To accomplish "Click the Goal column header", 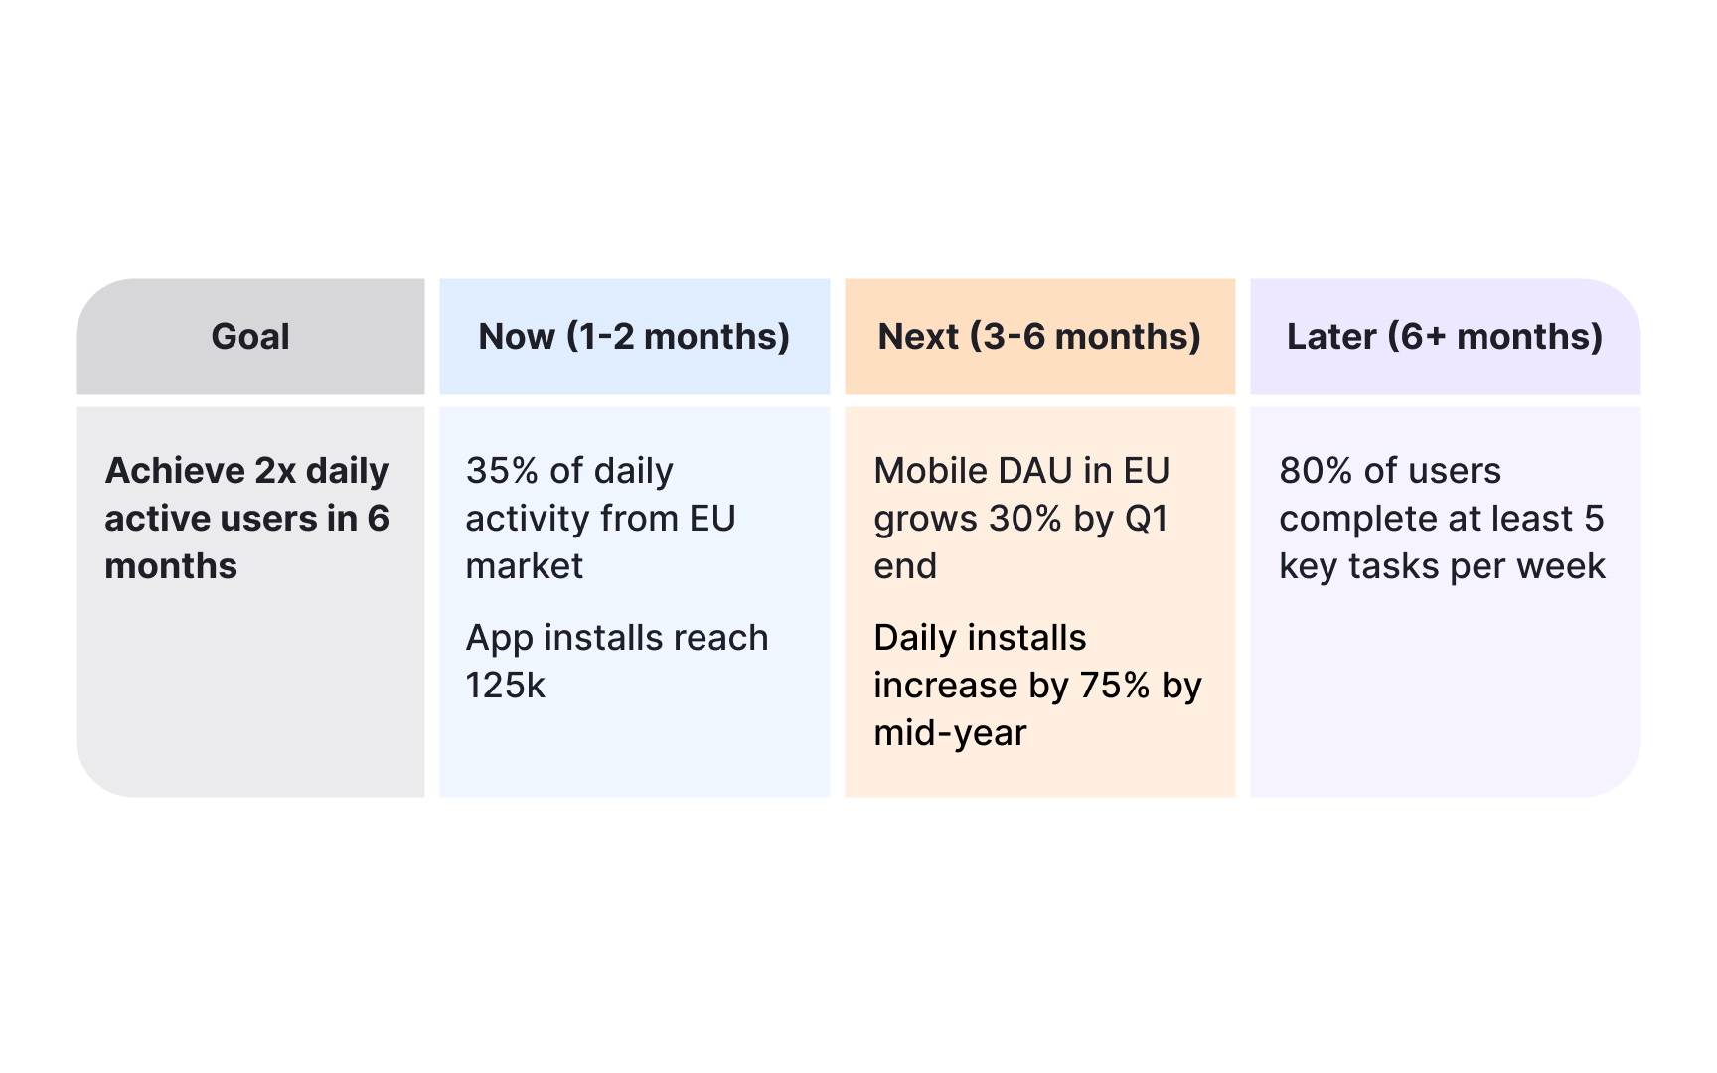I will pos(250,337).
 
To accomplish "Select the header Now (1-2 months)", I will pos(634,337).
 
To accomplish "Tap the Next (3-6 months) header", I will pos(1039,337).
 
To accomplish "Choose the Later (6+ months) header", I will pos(1445,337).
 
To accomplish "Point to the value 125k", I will pos(506,686).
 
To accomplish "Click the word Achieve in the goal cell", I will pos(175,471).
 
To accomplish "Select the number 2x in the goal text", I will pos(275,471).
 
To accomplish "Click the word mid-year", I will pos(950,733).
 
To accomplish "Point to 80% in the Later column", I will pos(1316,471).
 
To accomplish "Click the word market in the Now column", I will pos(525,566).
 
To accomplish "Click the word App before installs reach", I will pos(500,639).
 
